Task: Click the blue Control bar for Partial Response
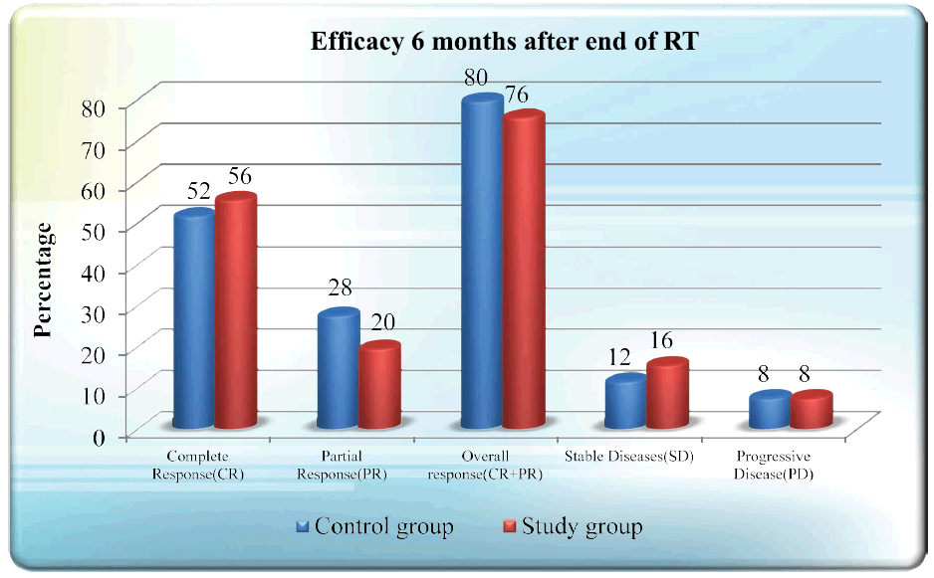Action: tap(338, 370)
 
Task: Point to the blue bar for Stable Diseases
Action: tap(625, 402)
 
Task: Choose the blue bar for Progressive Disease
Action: tap(770, 411)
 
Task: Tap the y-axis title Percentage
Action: tap(44, 281)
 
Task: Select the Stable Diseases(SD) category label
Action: tap(628, 457)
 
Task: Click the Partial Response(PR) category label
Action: tap(342, 466)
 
